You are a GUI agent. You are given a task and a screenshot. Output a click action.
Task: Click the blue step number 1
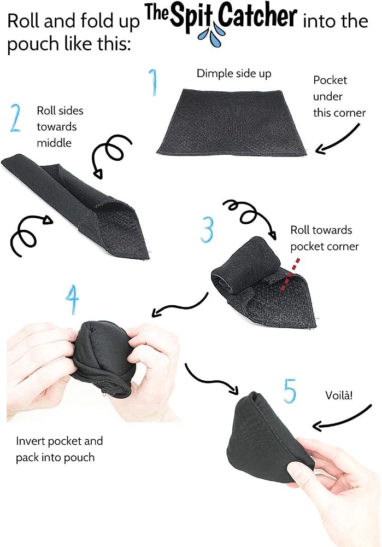tap(154, 83)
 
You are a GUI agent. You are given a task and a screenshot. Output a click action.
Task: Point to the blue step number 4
tap(72, 300)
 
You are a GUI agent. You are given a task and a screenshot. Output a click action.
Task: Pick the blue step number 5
tap(290, 391)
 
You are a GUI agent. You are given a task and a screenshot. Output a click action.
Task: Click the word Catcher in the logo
tap(257, 16)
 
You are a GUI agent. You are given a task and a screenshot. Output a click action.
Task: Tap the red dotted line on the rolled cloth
tap(289, 274)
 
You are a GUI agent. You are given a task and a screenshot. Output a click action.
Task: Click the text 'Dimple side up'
tap(234, 74)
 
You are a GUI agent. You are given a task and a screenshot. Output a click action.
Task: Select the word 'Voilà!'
tap(339, 395)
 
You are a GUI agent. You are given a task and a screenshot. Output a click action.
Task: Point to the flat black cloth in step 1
tap(232, 123)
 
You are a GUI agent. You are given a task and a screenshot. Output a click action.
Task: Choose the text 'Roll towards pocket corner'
tap(324, 238)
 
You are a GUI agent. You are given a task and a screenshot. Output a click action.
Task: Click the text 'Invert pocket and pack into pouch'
tap(59, 449)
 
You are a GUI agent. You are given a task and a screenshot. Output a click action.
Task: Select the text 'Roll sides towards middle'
tap(60, 127)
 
